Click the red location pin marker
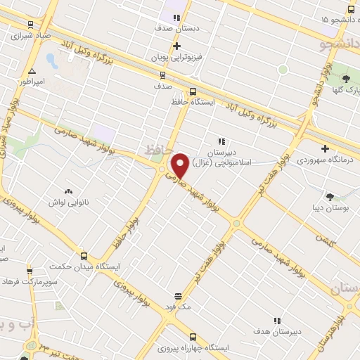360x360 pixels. tap(180, 165)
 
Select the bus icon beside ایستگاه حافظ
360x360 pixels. tap(193, 91)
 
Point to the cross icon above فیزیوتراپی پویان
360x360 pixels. tap(176, 46)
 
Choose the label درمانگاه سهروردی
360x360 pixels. tap(324, 160)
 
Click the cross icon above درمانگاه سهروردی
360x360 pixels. tap(324, 148)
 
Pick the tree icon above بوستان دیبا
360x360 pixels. tap(330, 196)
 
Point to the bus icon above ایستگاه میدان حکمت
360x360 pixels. tap(84, 257)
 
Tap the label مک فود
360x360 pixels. tap(178, 307)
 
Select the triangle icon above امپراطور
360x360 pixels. tap(31, 71)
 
